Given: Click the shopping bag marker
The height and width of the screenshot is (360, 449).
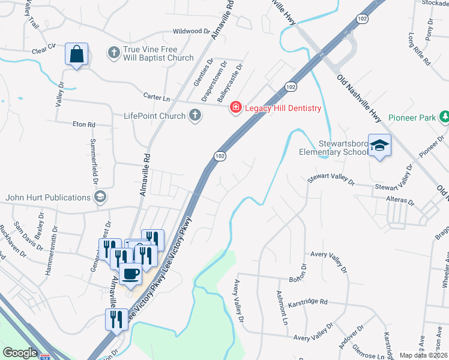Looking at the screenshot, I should click(x=77, y=55).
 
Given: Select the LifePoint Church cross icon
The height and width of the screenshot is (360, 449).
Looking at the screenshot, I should click(x=194, y=115).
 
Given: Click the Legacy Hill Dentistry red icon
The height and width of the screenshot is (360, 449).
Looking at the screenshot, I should click(x=236, y=108).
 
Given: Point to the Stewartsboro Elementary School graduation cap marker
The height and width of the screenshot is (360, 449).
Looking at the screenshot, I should click(x=379, y=146).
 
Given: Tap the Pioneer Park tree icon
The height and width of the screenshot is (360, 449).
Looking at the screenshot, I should click(x=444, y=118).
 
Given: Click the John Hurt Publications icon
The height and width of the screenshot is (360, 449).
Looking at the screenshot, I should click(x=100, y=197).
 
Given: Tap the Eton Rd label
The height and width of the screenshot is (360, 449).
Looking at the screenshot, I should click(x=83, y=124).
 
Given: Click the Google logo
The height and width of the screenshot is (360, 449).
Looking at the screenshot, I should click(x=20, y=353).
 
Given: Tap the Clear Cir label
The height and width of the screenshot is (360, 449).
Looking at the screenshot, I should click(x=44, y=46).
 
